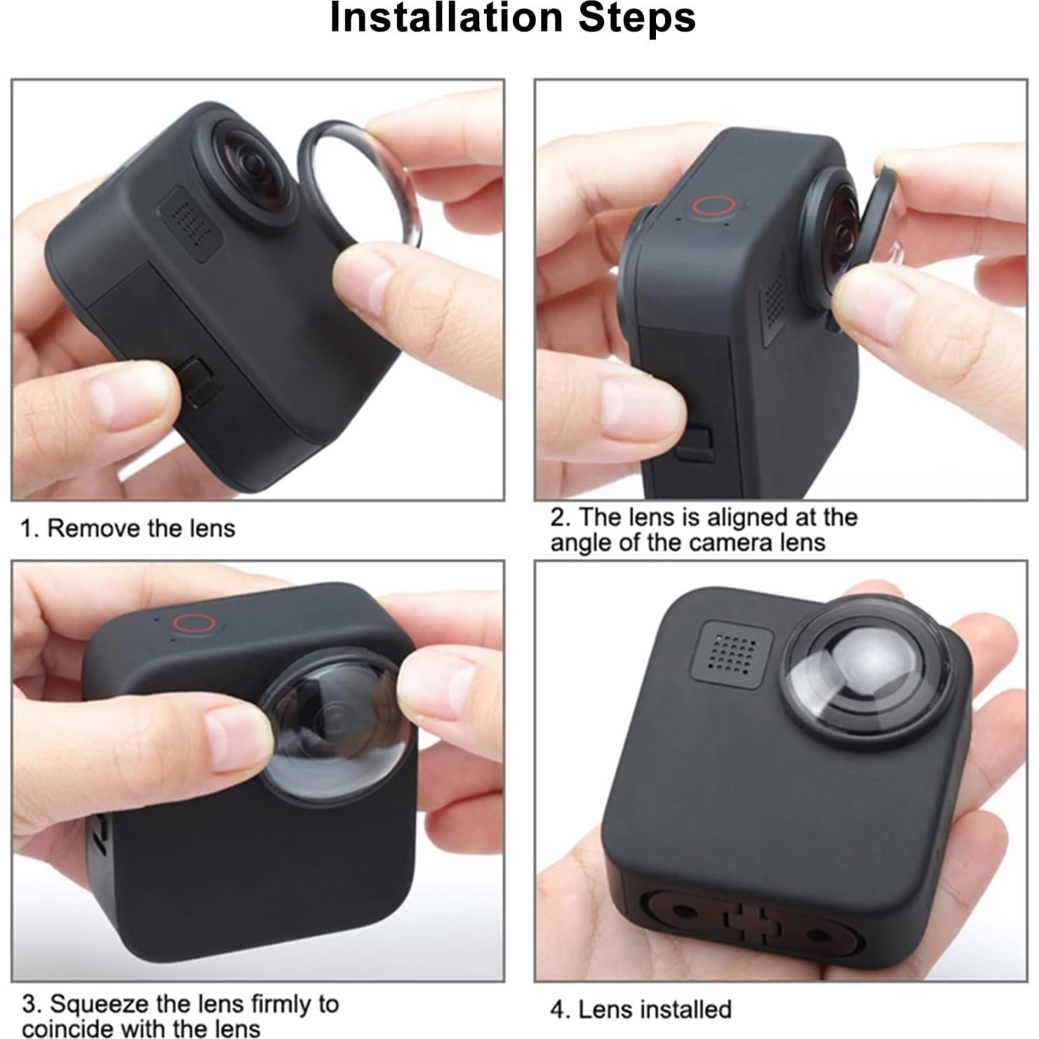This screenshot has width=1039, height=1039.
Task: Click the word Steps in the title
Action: click(x=636, y=18)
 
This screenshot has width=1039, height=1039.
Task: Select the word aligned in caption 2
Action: click(x=747, y=517)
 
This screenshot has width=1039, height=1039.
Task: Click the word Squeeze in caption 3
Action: click(x=99, y=1004)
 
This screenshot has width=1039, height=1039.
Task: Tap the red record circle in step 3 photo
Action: click(x=194, y=623)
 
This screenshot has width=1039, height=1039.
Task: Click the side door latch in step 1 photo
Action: click(x=199, y=380)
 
